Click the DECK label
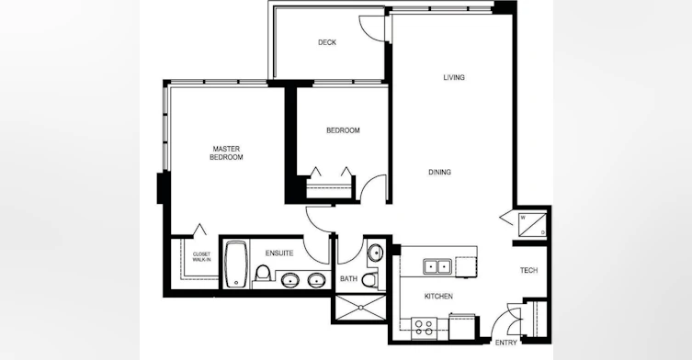[327, 42]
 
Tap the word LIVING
[454, 77]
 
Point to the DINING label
[439, 172]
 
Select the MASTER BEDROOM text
[226, 153]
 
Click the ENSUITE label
[279, 253]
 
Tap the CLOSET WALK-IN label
[201, 257]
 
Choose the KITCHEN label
[438, 297]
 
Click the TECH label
[528, 270]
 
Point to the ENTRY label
[505, 343]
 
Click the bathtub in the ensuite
[235, 264]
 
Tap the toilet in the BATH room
[370, 279]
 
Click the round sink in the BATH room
[376, 253]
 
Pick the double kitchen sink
[437, 266]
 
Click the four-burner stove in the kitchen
[424, 328]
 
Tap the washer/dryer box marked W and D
[533, 224]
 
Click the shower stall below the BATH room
[360, 307]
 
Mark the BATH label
[348, 279]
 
